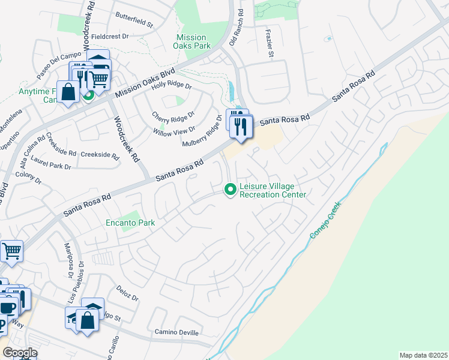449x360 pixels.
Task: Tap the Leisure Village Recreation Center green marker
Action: tap(229, 190)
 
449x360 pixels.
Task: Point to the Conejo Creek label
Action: tap(325, 219)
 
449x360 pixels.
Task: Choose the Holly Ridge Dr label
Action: tap(171, 86)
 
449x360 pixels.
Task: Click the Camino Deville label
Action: tap(176, 332)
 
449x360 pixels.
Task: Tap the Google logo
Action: tap(19, 353)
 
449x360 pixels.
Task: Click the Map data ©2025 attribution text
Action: tap(423, 355)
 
